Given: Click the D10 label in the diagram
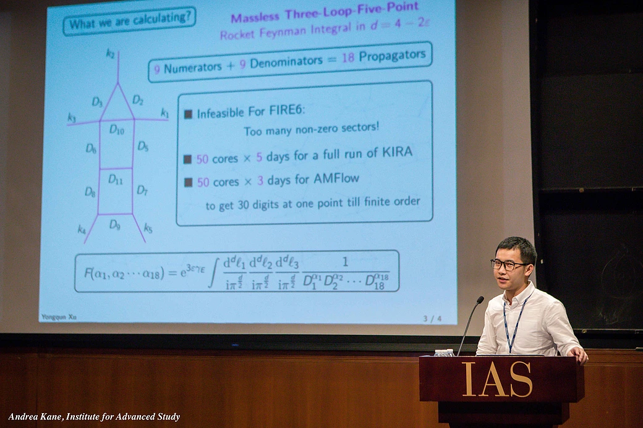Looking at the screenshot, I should coord(117,129).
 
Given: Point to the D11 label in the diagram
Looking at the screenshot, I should coord(116,179).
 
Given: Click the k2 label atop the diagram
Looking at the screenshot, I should coord(111,54).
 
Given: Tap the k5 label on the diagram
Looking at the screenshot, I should coord(148,227).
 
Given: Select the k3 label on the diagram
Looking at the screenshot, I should coord(72,117).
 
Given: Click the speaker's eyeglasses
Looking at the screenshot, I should coord(508,264).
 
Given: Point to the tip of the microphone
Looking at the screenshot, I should coord(481,300).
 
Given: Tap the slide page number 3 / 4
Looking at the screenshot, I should coord(432,319).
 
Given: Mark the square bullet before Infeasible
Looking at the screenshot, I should coord(189,114).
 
